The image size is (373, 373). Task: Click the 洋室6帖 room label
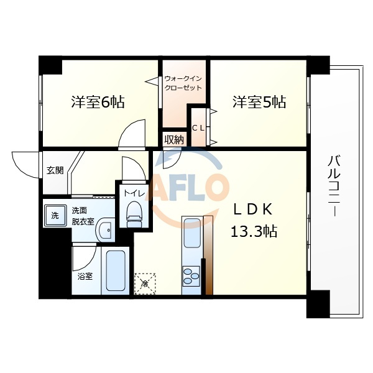tap(98, 102)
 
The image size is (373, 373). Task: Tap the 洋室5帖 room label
tap(259, 102)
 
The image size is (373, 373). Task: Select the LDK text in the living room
tap(253, 210)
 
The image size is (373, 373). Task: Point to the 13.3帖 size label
tap(254, 231)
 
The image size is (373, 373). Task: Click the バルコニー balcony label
tap(334, 185)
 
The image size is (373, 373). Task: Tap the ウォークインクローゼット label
tap(183, 83)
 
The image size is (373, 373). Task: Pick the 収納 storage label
tap(174, 140)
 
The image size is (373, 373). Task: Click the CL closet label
tap(198, 128)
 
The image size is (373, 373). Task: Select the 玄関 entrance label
tap(55, 170)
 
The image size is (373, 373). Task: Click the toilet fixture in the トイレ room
tap(134, 214)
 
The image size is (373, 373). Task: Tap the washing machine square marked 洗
tap(55, 216)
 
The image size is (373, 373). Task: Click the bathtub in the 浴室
tap(116, 270)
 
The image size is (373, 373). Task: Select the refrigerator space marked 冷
tap(145, 283)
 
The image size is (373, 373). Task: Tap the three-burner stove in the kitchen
tap(191, 276)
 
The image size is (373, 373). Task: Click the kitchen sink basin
tap(192, 233)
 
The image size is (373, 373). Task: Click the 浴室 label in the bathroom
tap(85, 277)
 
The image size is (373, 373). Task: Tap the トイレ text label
tap(134, 193)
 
